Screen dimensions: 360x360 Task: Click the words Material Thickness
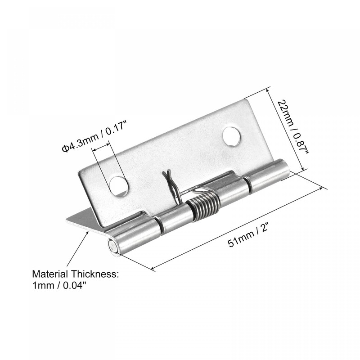[75, 274]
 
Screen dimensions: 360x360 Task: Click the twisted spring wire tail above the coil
[169, 180]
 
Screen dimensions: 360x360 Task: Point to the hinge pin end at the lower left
[112, 248]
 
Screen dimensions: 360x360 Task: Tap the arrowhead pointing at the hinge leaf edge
[87, 231]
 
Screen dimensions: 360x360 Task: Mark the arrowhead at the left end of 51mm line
[153, 269]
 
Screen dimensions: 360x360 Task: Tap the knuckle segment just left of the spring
[173, 220]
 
